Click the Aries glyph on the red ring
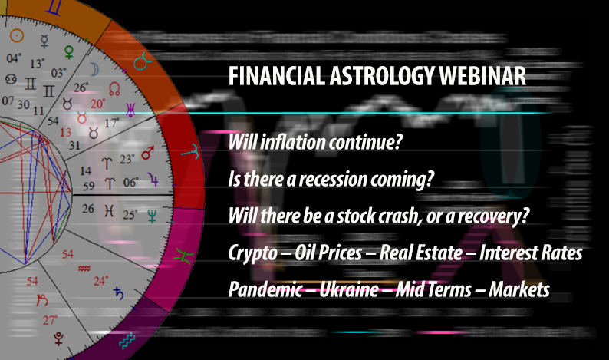[177, 150]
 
